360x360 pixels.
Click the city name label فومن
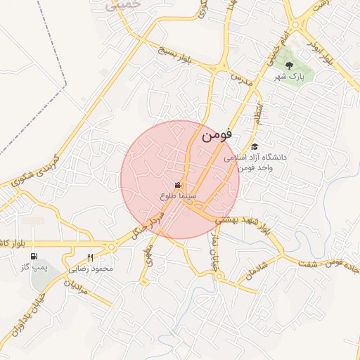pyautogui.click(x=216, y=136)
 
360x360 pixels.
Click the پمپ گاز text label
pyautogui.click(x=34, y=267)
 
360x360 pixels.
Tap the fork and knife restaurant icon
pyautogui.click(x=90, y=257)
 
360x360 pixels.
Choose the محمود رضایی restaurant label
pyautogui.click(x=92, y=268)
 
